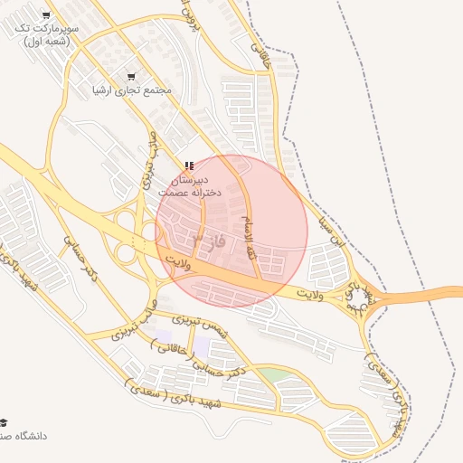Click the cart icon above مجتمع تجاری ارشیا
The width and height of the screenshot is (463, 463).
tap(132, 77)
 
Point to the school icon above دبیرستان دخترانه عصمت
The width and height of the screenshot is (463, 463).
tap(188, 165)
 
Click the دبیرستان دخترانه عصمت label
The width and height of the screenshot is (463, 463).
tap(188, 186)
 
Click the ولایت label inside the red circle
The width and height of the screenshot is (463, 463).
tap(181, 262)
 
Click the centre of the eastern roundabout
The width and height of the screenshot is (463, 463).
tap(361, 302)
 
